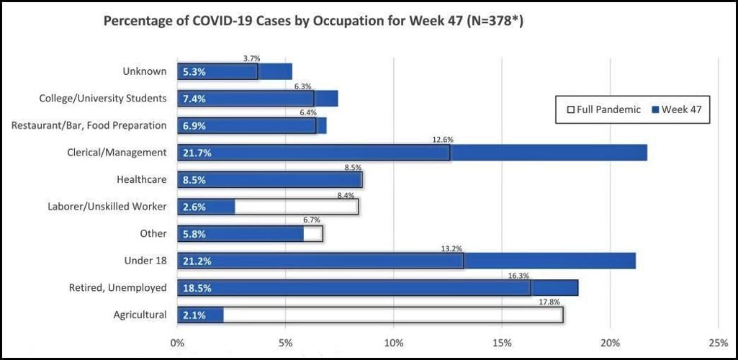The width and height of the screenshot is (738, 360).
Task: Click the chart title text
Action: tap(313, 21)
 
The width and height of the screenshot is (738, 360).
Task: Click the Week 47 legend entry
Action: tap(676, 109)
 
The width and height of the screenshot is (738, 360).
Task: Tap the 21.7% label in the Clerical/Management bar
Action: tap(197, 153)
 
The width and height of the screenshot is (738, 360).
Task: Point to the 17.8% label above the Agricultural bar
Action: tap(550, 302)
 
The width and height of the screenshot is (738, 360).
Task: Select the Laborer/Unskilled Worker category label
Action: tap(107, 207)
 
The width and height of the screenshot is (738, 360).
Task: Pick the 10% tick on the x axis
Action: tap(394, 342)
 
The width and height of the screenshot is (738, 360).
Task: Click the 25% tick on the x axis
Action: tap(719, 342)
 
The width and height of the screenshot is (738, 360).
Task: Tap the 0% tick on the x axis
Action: tap(177, 342)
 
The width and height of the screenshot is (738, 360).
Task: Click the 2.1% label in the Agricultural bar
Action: tap(194, 315)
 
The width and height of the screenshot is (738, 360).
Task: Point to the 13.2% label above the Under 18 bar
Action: tap(451, 248)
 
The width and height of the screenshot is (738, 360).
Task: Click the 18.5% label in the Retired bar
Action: tap(197, 288)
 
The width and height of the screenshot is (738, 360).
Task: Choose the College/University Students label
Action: tap(102, 98)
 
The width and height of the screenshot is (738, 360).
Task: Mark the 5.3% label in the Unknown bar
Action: tap(194, 71)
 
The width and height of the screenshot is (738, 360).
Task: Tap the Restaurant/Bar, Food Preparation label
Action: tap(89, 125)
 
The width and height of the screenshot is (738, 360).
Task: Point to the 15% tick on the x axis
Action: tap(502, 342)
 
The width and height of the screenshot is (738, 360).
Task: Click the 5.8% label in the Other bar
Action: tap(194, 234)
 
